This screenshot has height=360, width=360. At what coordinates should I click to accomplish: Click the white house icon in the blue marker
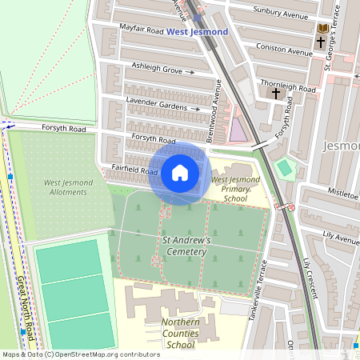[180, 173]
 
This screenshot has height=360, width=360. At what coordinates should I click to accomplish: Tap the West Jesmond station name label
[197, 31]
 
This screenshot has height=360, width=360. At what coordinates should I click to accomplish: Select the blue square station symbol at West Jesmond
[198, 18]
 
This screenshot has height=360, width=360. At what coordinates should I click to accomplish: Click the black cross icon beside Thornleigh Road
[276, 94]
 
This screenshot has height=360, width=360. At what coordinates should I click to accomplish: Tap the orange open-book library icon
[322, 29]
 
